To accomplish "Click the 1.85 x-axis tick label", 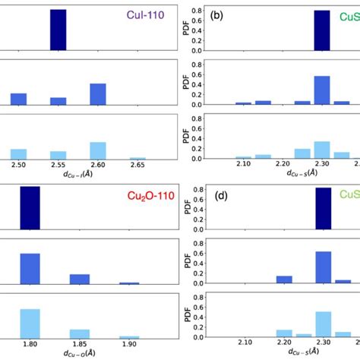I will (x=80, y=344).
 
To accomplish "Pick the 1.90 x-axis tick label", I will (x=129, y=344).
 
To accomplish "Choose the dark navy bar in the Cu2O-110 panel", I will (x=30, y=207).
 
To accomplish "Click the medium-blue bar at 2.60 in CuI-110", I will (x=98, y=94).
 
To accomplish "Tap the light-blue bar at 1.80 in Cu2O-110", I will (x=30, y=324).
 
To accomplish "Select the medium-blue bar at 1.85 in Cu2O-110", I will (x=80, y=279).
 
